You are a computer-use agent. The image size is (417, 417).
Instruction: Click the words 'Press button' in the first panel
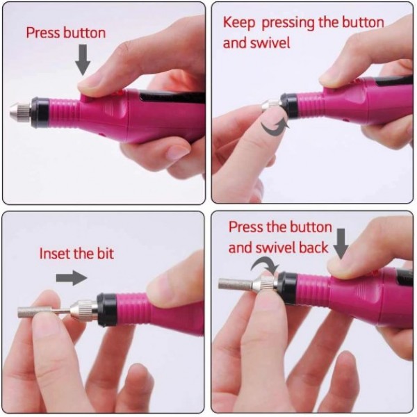pyautogui.click(x=66, y=33)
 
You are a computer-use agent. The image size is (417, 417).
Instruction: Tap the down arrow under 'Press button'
pyautogui.click(x=83, y=60)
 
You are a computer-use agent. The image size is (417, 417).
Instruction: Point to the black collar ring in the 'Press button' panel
pyautogui.click(x=40, y=113)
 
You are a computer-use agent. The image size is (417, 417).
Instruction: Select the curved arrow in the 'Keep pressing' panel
pyautogui.click(x=275, y=128)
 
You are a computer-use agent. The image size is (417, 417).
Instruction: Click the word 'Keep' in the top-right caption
pyautogui.click(x=238, y=23)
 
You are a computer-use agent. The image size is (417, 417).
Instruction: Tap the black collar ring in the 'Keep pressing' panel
pyautogui.click(x=289, y=106)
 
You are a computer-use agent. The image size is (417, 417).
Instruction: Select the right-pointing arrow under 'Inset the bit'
pyautogui.click(x=72, y=278)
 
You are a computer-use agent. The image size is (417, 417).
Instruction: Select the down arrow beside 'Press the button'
pyautogui.click(x=341, y=244)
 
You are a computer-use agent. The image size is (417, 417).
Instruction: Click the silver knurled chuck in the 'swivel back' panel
pyautogui.click(x=265, y=284)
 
